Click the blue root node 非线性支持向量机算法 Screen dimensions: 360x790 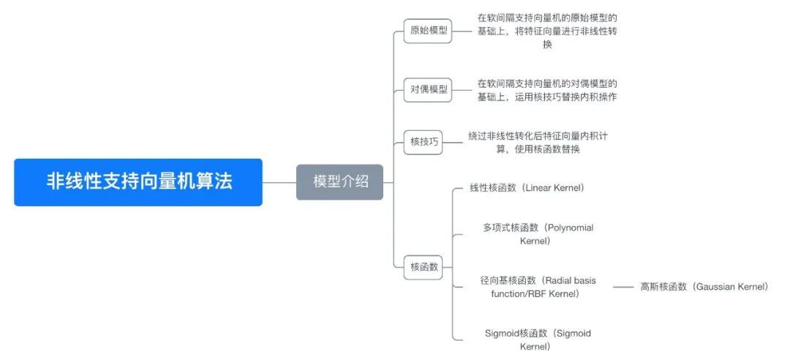(138, 182)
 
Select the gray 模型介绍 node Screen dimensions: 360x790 (339, 182)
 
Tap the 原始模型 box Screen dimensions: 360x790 (428, 31)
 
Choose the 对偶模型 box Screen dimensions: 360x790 (428, 90)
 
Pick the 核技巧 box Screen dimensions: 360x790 (424, 142)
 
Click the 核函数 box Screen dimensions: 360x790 (424, 267)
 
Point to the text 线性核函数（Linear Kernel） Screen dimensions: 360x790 (527, 188)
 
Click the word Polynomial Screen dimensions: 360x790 (570, 228)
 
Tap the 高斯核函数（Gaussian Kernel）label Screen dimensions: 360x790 (704, 287)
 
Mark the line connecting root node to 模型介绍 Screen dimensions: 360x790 (279, 182)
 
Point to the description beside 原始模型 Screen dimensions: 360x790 (547, 31)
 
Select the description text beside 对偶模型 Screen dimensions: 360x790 (547, 90)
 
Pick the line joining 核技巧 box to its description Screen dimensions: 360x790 (454, 142)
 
